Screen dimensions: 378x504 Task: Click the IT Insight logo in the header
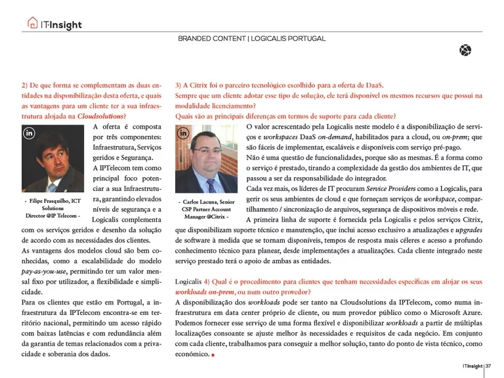55,24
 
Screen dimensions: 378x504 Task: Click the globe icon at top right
465,50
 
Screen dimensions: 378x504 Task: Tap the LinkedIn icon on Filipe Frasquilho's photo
30,133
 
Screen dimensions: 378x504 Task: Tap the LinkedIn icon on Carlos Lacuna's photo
184,133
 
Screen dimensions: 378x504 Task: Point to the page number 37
490,366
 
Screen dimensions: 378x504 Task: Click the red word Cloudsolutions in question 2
100,115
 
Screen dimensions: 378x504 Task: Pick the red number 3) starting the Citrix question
178,85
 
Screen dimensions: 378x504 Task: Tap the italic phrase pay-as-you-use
47,270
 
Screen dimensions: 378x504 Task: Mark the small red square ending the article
213,355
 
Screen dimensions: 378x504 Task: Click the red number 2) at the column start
24,85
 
